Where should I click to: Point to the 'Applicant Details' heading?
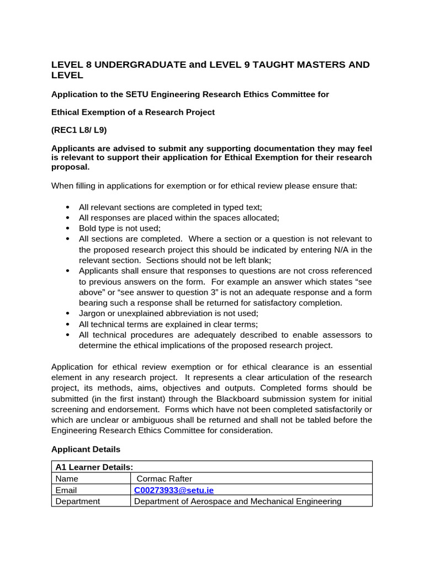[86, 449]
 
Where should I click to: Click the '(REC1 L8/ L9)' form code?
[79, 130]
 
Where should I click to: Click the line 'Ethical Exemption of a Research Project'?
[132, 112]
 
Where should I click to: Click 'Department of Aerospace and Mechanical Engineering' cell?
[237, 502]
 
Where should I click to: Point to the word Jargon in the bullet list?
[92, 313]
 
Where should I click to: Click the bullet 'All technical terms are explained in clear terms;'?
[160, 324]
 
